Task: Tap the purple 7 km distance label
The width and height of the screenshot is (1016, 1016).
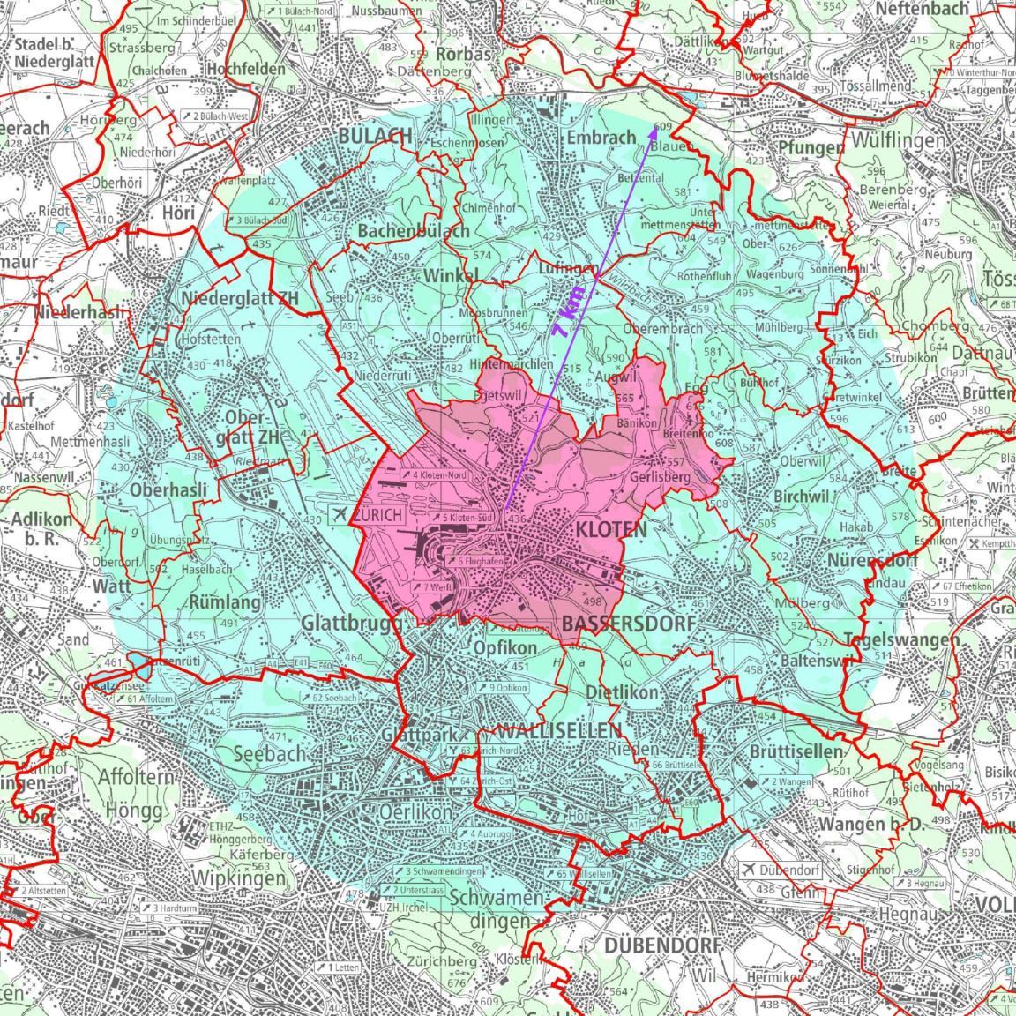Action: point(567,312)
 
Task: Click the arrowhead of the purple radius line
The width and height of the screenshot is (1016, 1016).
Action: point(654,130)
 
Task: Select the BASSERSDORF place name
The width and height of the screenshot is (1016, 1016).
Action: point(627,624)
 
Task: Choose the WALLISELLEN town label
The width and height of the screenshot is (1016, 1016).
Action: point(559,731)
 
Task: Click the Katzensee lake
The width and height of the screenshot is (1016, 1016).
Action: point(139,662)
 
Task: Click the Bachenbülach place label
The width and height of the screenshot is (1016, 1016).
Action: point(413,230)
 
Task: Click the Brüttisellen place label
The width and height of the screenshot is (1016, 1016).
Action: point(796,751)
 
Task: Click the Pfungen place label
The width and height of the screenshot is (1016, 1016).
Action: point(811,147)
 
